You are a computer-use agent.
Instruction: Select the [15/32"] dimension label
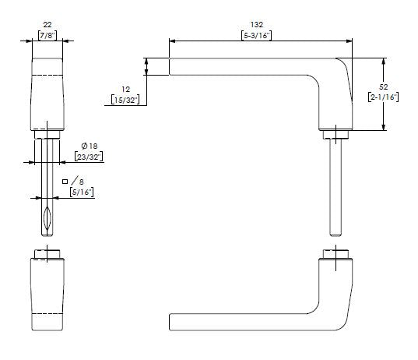125,100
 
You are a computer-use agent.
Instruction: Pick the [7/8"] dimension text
47,36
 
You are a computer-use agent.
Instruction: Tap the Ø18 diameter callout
90,146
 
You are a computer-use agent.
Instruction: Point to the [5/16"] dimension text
80,192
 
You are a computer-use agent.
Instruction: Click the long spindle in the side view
335,187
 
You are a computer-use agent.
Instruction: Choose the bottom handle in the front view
47,292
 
